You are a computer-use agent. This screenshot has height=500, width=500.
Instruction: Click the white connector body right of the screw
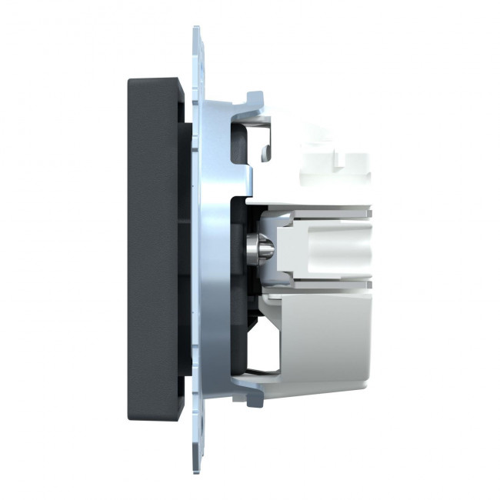(x=308, y=246)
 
